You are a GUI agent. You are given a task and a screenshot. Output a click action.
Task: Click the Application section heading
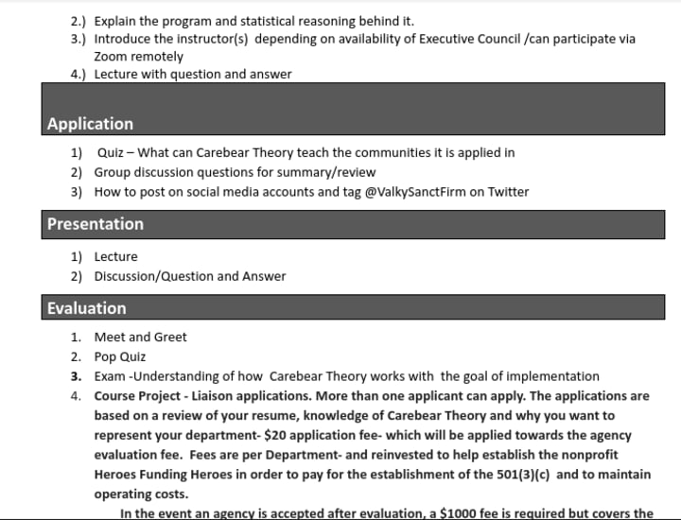[90, 124]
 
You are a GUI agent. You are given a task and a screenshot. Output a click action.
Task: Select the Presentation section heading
[96, 224]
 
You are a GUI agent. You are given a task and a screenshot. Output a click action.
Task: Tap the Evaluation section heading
[86, 308]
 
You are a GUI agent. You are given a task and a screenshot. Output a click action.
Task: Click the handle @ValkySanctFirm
[414, 192]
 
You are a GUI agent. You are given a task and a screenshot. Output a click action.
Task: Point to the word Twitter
[508, 192]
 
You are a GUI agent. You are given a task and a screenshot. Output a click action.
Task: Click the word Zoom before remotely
[111, 56]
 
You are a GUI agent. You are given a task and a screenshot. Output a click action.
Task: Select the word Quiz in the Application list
[112, 152]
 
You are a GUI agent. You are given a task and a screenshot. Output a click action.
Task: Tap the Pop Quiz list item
[120, 356]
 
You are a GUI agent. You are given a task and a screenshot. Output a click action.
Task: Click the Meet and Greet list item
[140, 337]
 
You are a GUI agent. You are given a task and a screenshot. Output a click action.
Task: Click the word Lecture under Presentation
[115, 256]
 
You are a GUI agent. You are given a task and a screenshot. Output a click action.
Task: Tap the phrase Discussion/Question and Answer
[189, 276]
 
